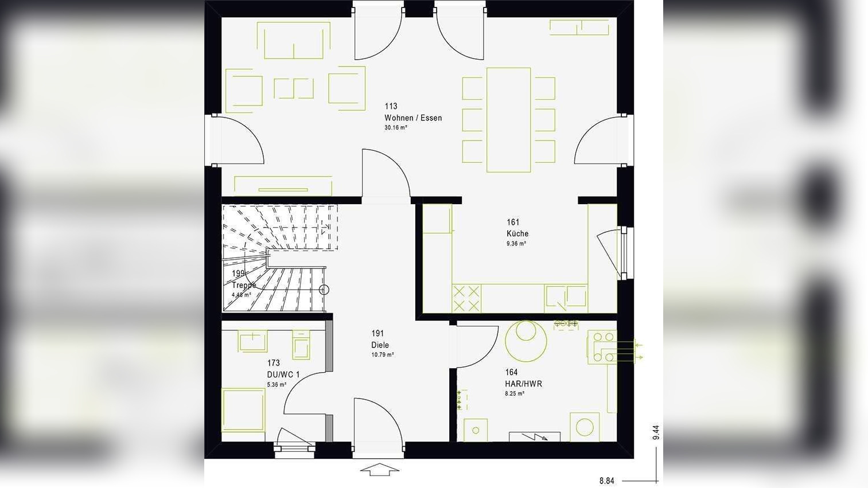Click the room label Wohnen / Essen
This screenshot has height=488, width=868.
pos(413,118)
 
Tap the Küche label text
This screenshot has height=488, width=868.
pos(517,233)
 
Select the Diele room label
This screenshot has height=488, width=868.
pos(380,345)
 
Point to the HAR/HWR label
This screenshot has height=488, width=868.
pos(523,384)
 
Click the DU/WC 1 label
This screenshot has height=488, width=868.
pos(283,374)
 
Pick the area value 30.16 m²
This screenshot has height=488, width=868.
pos(396,128)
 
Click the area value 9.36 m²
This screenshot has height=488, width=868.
pos(516,244)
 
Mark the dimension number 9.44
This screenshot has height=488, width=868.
pos(656,432)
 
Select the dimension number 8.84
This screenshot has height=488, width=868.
pos(607,481)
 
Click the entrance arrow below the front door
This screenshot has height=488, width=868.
pos(379,470)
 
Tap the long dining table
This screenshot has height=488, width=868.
pos(508,119)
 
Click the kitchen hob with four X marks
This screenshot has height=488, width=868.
pos(466,298)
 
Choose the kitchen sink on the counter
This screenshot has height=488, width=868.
pos(566,297)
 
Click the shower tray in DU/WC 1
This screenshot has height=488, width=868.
pos(243,409)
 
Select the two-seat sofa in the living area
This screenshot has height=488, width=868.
pos(297,41)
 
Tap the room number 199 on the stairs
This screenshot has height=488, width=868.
pos(238,274)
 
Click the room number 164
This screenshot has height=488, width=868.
pos(511,372)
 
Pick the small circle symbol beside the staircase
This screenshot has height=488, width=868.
pos(324,290)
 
